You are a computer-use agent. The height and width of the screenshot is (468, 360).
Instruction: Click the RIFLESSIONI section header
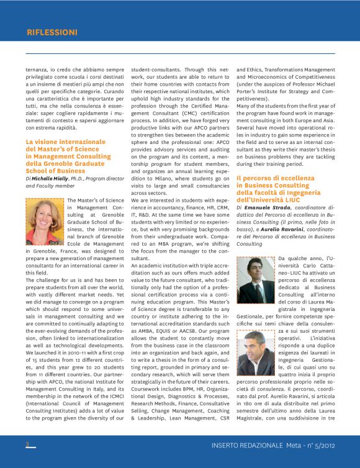point(52,32)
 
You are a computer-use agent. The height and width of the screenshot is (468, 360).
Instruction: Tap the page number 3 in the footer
point(27,444)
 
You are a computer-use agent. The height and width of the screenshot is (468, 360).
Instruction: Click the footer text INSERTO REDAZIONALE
point(247,445)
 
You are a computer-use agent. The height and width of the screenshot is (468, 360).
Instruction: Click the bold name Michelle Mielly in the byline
point(50,178)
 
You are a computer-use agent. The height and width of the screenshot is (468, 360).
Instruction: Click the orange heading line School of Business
point(55,171)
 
